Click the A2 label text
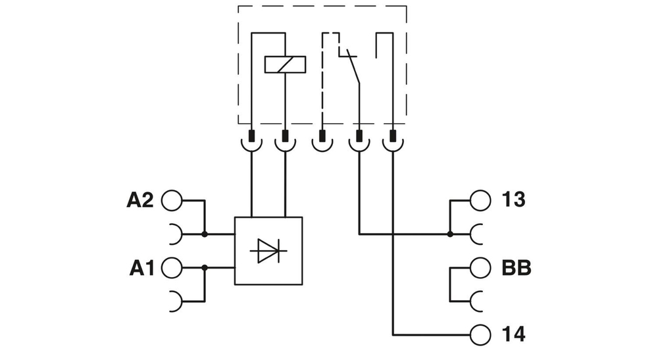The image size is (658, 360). tap(139, 200)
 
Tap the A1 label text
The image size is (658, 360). tap(141, 268)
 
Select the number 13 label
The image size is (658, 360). tap(513, 200)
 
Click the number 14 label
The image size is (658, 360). tap(513, 334)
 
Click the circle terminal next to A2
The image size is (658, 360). tap(171, 200)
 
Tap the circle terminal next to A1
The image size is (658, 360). tap(171, 268)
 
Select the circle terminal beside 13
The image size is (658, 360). tap(481, 200)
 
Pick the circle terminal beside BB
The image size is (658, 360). tap(481, 268)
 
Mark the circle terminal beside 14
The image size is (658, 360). tap(481, 334)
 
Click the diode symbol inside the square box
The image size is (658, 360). tap(268, 251)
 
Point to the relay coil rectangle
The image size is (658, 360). tap(285, 64)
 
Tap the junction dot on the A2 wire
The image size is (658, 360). tap(205, 234)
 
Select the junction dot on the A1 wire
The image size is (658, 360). tap(205, 268)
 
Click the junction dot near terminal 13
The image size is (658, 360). tap(450, 234)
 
